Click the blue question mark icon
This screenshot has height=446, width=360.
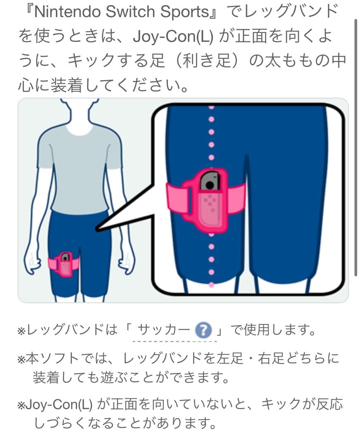point(203,330)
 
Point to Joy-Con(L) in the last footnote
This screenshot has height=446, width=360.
point(60,404)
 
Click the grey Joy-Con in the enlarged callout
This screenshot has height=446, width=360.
point(210,181)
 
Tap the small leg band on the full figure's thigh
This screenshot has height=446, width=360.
point(64,265)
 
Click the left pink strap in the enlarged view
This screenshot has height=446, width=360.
point(176,198)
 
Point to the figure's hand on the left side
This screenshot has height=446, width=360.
point(32,263)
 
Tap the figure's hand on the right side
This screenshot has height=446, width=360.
point(126,262)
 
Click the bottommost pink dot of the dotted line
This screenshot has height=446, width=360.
point(212,285)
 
